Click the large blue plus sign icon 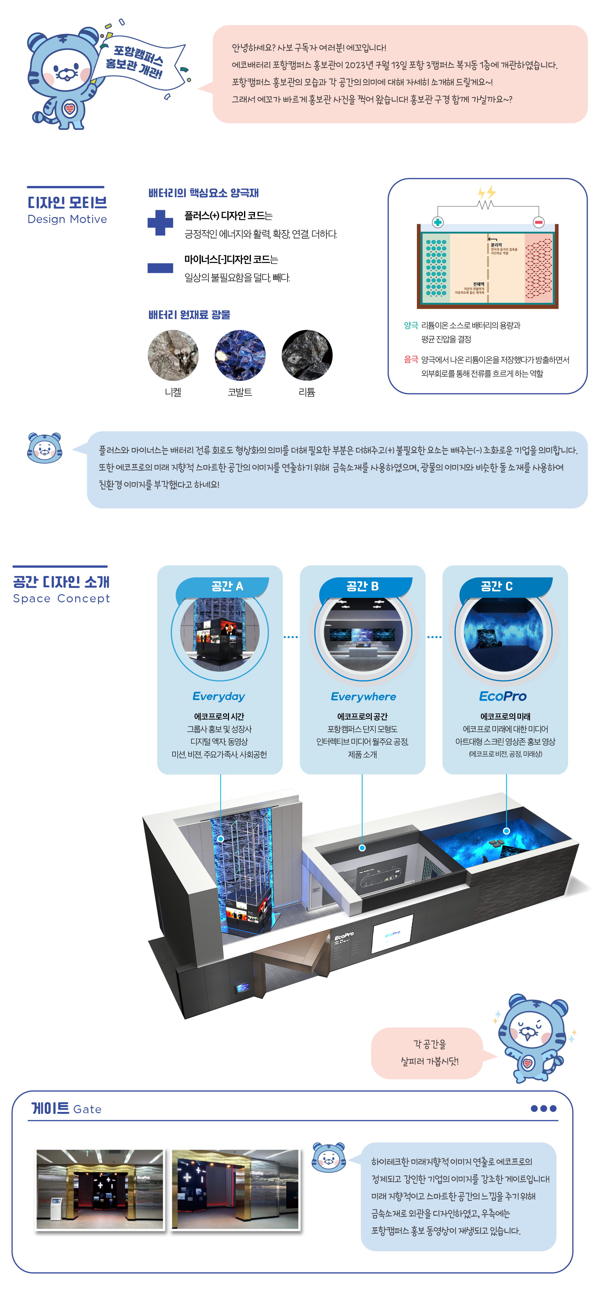point(160,223)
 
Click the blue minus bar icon point(160,267)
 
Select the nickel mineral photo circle point(173,355)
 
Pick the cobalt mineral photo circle point(240,355)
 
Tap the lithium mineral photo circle point(307,355)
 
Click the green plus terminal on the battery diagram point(437,222)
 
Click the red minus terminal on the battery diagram point(538,222)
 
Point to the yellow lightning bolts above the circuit point(487,193)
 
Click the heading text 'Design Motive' point(67,219)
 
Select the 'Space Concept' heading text point(61,599)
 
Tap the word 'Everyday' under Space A point(219,696)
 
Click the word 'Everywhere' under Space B point(363,696)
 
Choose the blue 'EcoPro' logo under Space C point(503,696)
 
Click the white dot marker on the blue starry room point(506,831)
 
